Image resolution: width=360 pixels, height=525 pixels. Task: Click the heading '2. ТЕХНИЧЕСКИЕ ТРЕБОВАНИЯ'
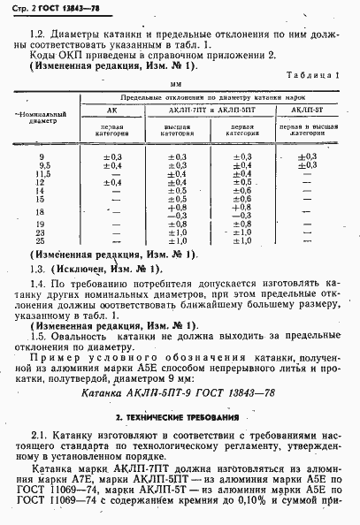181,416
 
